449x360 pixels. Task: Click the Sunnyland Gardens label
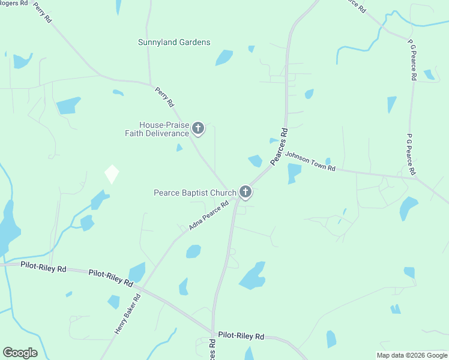click(x=174, y=42)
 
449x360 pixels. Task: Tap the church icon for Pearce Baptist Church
click(x=245, y=192)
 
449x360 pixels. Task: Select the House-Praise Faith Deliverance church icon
click(x=198, y=128)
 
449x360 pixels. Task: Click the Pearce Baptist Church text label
click(x=195, y=193)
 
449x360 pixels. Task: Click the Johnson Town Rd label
click(x=310, y=161)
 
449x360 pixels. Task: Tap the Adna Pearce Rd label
click(x=209, y=215)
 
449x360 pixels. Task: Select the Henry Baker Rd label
click(x=127, y=314)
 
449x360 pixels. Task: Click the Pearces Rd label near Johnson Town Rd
click(x=279, y=146)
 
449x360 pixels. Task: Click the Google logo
click(x=20, y=353)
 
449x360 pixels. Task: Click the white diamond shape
click(x=112, y=174)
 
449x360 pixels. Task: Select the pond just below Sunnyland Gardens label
click(x=224, y=58)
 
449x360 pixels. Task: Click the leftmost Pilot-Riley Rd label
click(x=43, y=268)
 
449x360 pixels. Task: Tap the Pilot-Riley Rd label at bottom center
click(x=241, y=335)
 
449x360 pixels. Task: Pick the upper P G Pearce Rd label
click(x=412, y=60)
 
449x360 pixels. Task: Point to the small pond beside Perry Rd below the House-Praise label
click(x=179, y=148)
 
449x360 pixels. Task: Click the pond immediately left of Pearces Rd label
click(x=255, y=161)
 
